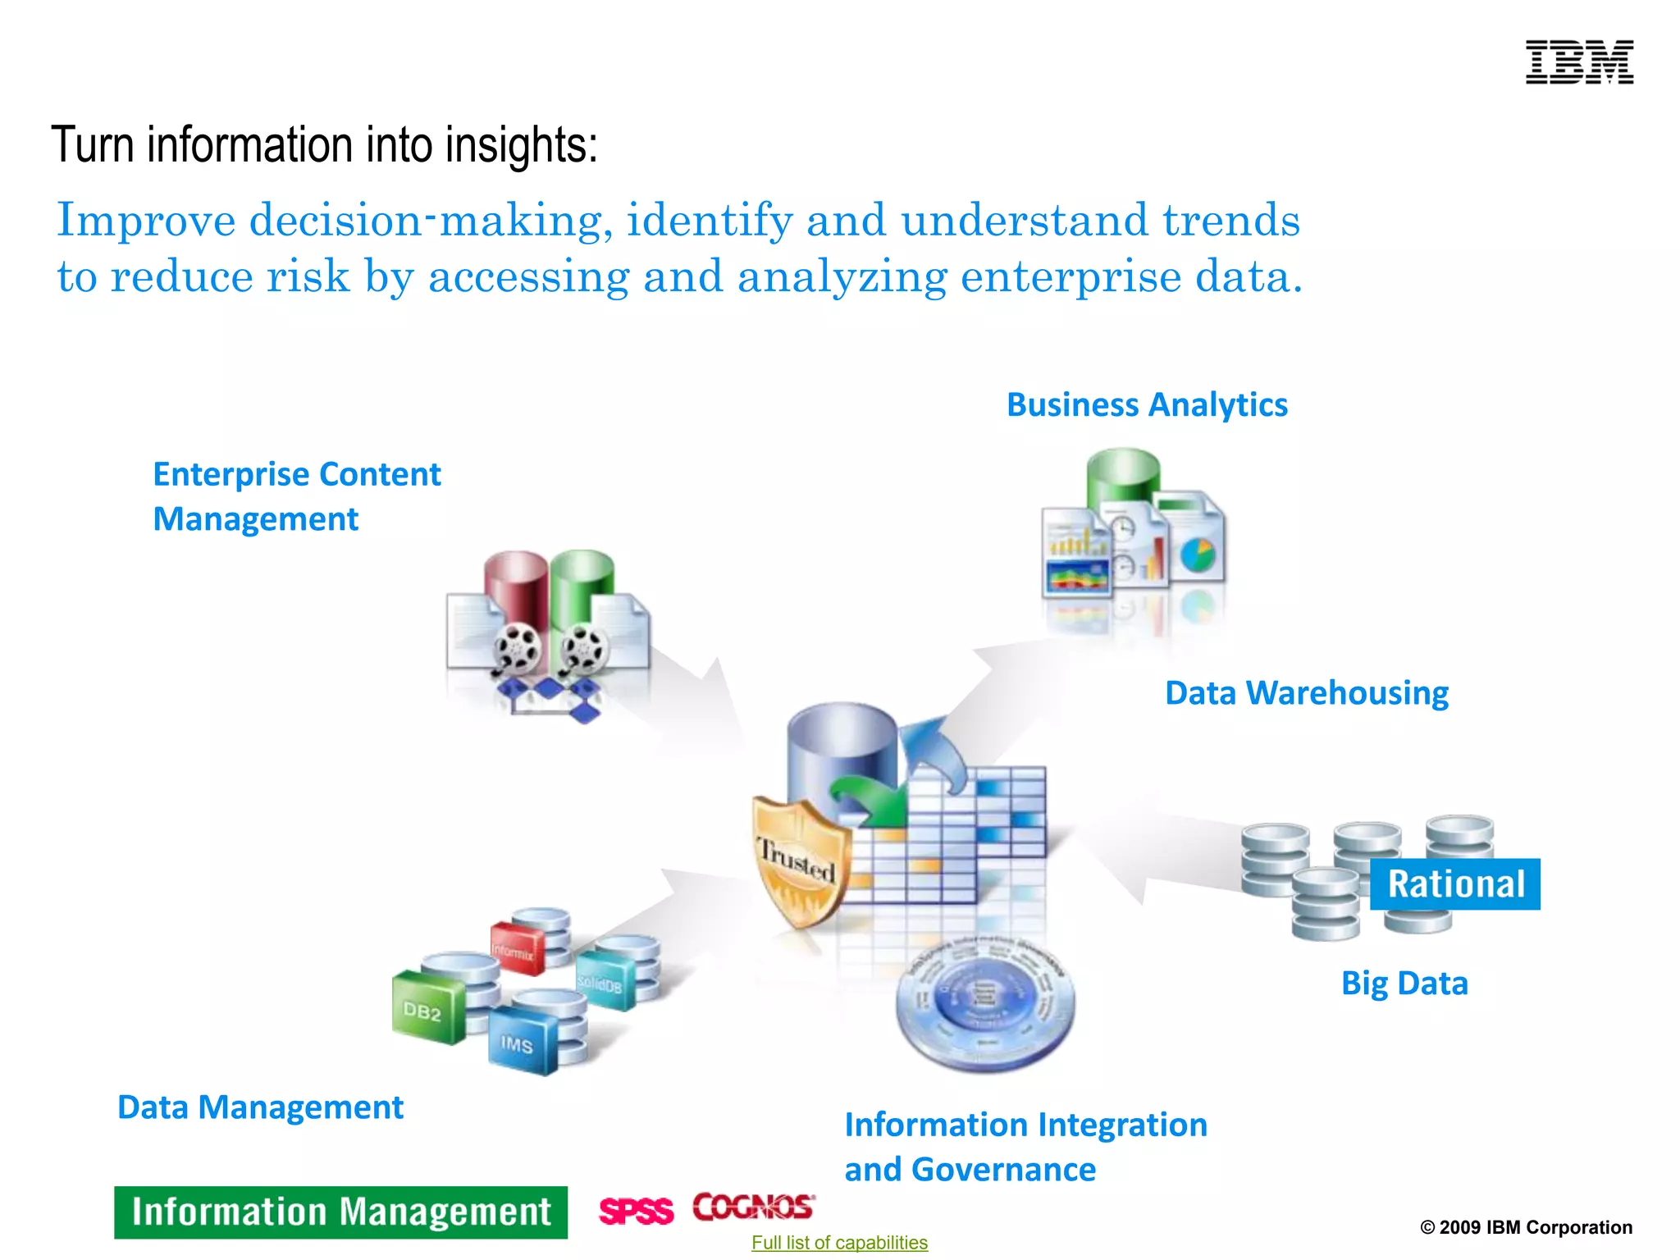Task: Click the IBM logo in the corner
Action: click(x=1579, y=62)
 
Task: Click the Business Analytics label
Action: click(x=1147, y=405)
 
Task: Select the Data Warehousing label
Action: click(x=1306, y=693)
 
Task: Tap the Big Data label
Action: click(x=1404, y=984)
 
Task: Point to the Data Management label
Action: click(x=260, y=1107)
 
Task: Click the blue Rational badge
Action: click(x=1455, y=884)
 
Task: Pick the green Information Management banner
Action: click(x=340, y=1212)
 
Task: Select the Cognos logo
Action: click(x=753, y=1207)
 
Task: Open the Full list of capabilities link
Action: click(x=839, y=1243)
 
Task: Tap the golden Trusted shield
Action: click(x=800, y=861)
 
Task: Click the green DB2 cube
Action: click(x=427, y=1010)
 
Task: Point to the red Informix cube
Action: click(x=516, y=950)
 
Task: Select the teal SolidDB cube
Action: click(x=603, y=982)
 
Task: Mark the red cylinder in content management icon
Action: click(x=515, y=591)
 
